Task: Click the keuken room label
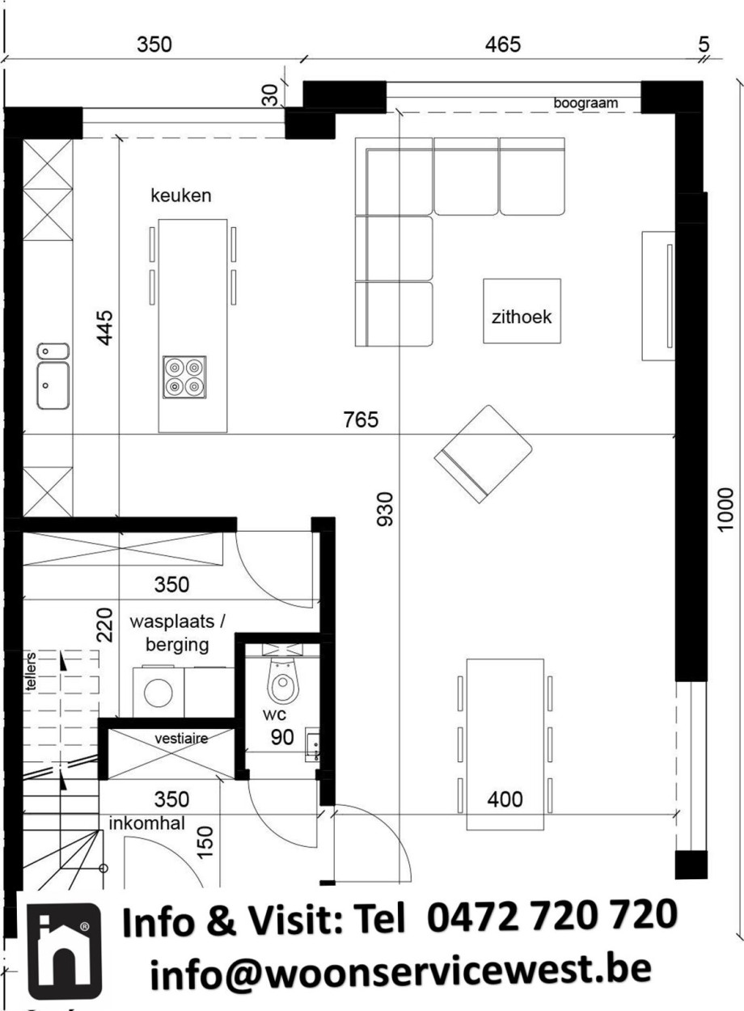180,196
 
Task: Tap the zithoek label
522,317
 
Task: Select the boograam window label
585,103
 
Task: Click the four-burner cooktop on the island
184,377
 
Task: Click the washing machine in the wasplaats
159,691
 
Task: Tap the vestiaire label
181,739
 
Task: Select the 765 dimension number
361,419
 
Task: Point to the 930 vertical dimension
385,509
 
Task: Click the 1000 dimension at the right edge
725,510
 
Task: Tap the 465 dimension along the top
503,44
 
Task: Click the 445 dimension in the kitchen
105,327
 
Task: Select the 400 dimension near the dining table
505,800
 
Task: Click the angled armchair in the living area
483,453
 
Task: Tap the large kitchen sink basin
53,385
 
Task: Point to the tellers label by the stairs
30,672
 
